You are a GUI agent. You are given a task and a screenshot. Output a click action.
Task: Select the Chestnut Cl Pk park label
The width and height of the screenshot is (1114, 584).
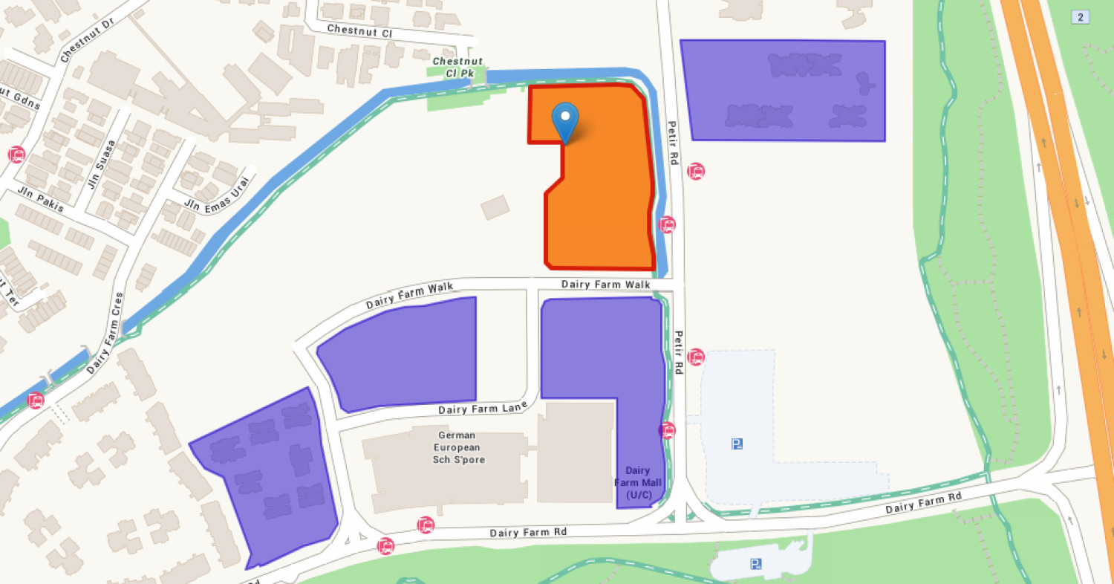click(x=457, y=67)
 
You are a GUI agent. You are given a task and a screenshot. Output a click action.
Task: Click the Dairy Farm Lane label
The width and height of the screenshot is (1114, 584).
click(x=482, y=408)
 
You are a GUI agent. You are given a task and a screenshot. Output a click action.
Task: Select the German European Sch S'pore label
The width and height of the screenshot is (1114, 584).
click(x=458, y=447)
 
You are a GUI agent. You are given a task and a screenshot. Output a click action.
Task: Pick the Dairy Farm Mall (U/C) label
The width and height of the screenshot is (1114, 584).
click(x=638, y=482)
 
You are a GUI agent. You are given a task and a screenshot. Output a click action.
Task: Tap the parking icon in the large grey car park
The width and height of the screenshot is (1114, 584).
click(x=737, y=444)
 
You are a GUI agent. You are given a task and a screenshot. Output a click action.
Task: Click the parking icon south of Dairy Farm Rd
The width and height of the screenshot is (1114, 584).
click(x=755, y=563)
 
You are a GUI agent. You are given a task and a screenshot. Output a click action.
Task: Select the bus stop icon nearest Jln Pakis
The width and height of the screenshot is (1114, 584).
click(x=16, y=155)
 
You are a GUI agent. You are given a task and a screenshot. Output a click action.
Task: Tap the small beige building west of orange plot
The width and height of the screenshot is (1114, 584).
click(x=495, y=207)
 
